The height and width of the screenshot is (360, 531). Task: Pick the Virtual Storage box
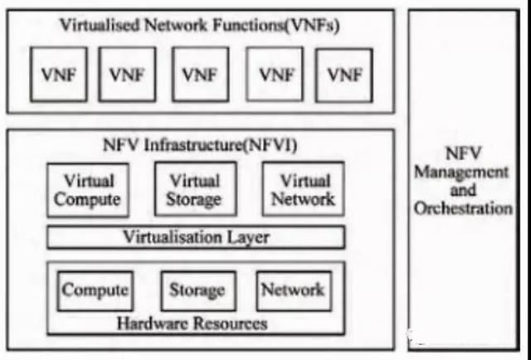pos(195,190)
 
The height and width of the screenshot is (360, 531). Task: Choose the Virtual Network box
pos(303,190)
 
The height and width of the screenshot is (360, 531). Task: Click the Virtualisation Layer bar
pos(196,237)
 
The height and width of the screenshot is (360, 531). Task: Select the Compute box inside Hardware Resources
pos(94,290)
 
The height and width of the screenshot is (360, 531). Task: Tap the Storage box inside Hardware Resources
pos(197,290)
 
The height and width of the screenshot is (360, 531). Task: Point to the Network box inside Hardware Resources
pos(293,290)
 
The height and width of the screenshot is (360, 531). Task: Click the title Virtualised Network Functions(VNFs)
pos(199,25)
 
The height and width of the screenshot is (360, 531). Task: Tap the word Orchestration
pos(463,208)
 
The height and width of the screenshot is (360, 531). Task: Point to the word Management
pos(461,173)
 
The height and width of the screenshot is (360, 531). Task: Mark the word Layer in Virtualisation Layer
pos(249,237)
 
